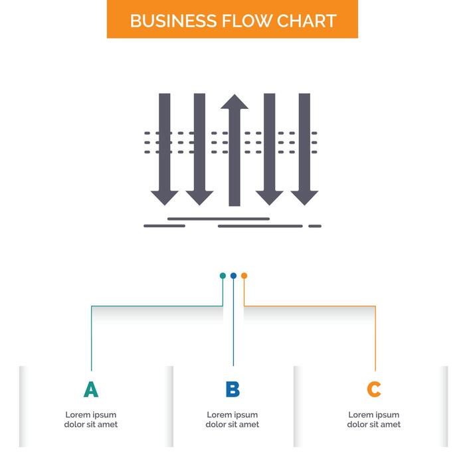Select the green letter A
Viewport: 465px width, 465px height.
(x=91, y=389)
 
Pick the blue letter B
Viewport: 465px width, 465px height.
(x=232, y=389)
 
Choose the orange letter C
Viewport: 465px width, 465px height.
(x=374, y=389)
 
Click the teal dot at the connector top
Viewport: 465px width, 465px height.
(x=223, y=276)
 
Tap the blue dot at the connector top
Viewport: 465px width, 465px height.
(x=233, y=276)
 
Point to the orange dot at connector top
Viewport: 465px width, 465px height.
(x=244, y=276)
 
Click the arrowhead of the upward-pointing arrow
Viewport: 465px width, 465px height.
(x=234, y=102)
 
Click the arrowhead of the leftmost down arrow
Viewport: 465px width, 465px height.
(x=164, y=197)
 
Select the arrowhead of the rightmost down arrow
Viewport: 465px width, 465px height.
(x=304, y=197)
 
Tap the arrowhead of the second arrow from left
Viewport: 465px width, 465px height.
(x=199, y=197)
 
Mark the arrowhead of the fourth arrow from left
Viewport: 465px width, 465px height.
(x=269, y=197)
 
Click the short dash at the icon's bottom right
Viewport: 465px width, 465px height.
(x=315, y=226)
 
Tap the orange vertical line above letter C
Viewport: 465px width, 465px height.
(x=375, y=339)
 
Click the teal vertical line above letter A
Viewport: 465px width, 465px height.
(x=91, y=339)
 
